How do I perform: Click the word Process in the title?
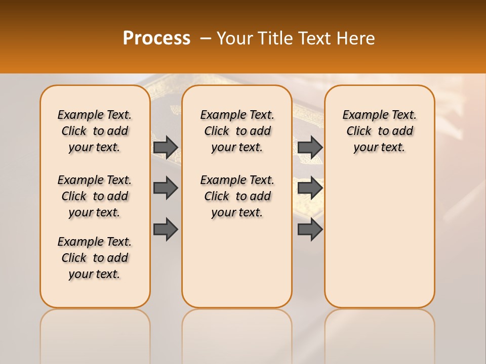(156, 38)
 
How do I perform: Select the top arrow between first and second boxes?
(166, 147)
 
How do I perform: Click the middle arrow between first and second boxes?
(166, 188)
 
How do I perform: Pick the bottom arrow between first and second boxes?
(166, 230)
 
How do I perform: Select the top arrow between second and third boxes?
(310, 147)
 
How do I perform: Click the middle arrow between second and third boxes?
(310, 188)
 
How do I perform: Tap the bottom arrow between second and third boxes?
(310, 230)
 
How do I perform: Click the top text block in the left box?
(95, 131)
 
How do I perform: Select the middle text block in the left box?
(95, 196)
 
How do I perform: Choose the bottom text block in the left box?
(95, 258)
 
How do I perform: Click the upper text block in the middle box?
(237, 131)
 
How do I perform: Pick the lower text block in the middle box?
(237, 196)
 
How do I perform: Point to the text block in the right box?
(379, 131)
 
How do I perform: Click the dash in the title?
(206, 38)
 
